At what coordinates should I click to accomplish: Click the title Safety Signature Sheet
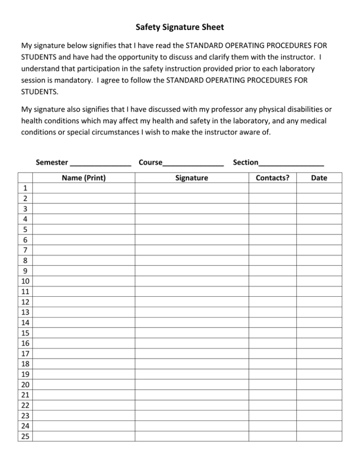tap(180, 27)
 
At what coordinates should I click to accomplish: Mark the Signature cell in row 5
tap(192, 229)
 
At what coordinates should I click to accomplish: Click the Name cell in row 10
tap(84, 281)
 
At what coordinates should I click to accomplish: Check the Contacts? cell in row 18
tap(272, 363)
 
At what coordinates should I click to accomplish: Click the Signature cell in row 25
tap(192, 436)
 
